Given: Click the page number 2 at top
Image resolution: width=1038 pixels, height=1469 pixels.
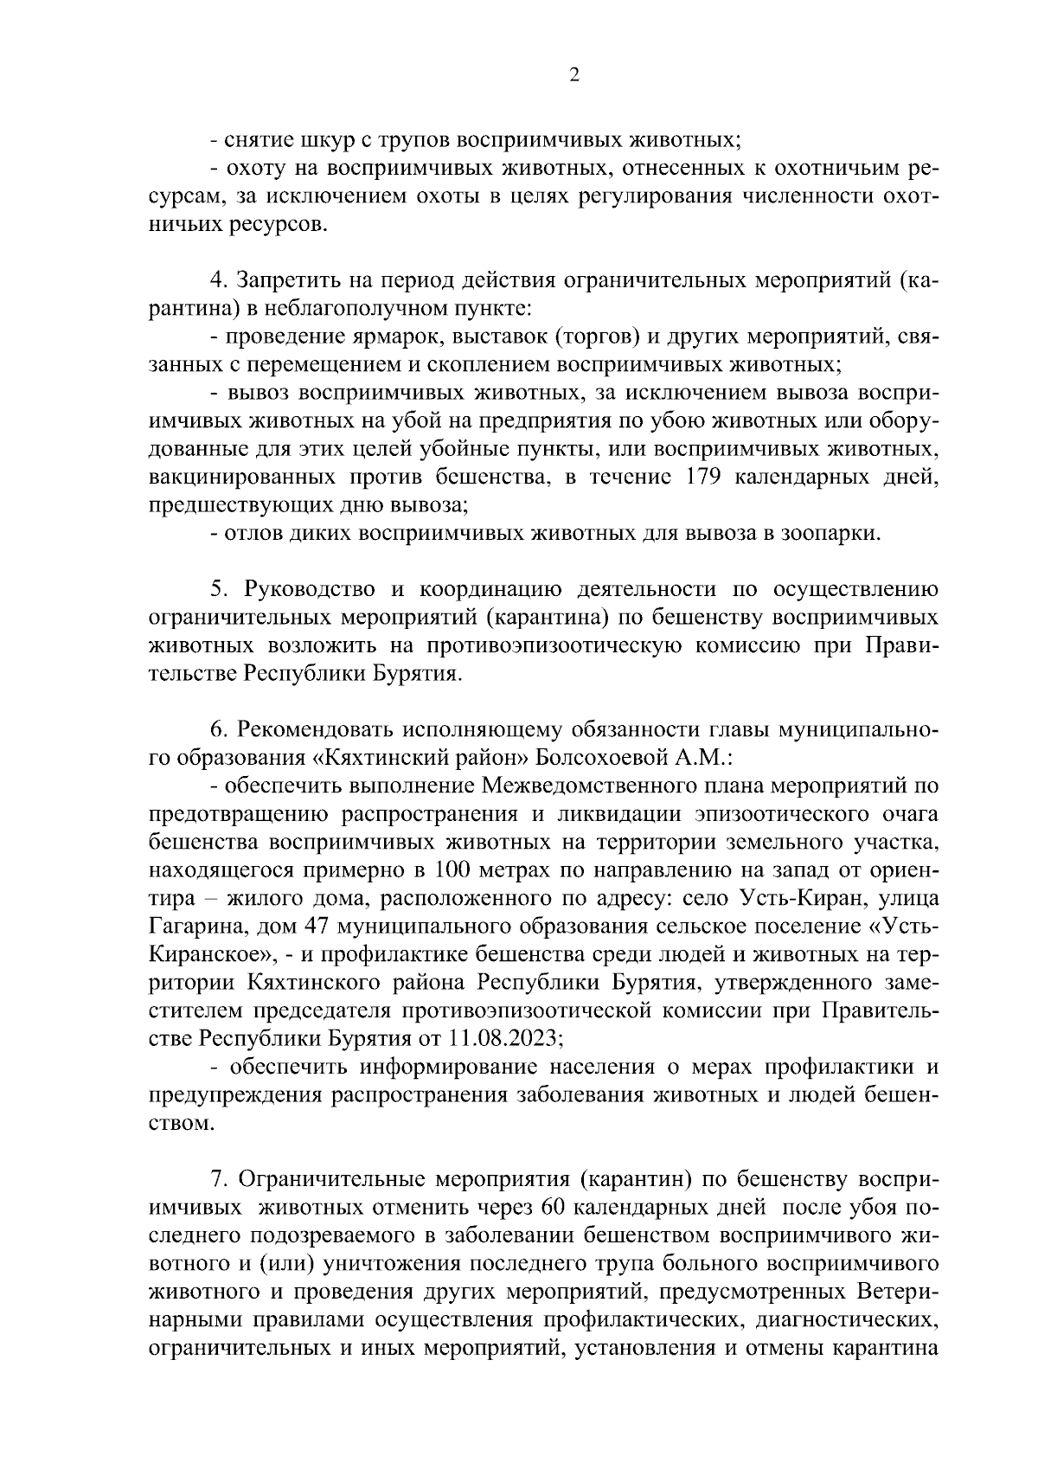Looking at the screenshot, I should click(573, 75).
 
